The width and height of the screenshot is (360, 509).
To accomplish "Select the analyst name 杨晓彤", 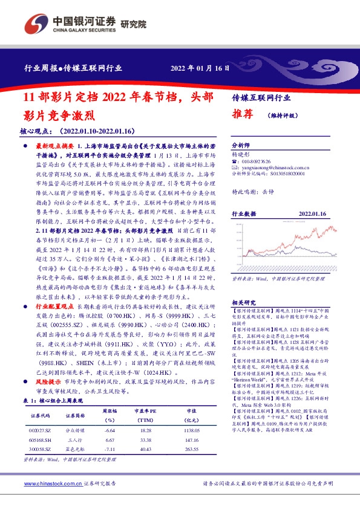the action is (x=241, y=155).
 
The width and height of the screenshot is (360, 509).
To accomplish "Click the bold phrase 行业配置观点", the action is (x=53, y=324).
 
